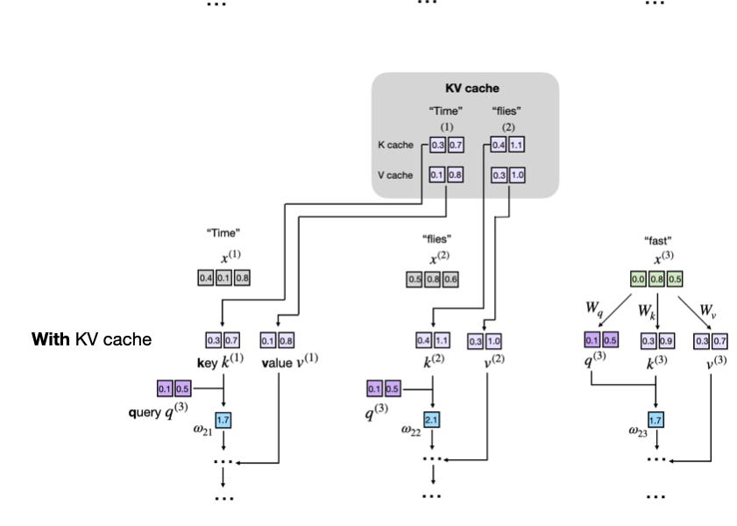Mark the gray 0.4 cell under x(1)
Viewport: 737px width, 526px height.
(x=205, y=278)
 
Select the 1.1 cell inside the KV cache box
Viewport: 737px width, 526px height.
(x=516, y=144)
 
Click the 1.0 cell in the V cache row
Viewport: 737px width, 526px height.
(x=516, y=174)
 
